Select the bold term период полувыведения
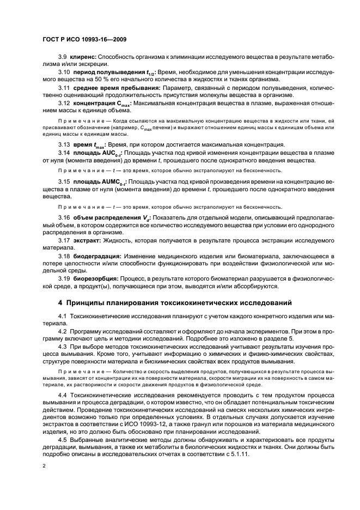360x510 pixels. (x=105, y=72)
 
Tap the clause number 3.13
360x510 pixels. (x=64, y=144)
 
